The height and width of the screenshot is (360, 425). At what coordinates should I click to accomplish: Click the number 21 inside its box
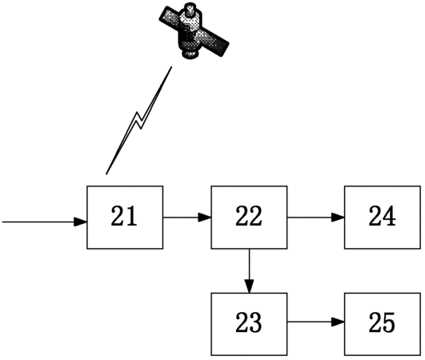coord(124,216)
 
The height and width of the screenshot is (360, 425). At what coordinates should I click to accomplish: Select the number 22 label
coord(249,216)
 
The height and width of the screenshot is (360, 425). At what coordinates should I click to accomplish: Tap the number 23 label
coord(249,322)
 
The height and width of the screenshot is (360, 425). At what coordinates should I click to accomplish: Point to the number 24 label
coord(382,216)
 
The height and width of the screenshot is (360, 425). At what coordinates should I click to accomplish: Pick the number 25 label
coord(382,322)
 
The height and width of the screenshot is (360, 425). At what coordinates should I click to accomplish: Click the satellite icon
coord(194,30)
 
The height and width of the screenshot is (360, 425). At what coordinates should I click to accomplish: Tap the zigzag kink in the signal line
coord(138,120)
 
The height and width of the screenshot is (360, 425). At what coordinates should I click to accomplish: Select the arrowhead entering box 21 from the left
coord(81,222)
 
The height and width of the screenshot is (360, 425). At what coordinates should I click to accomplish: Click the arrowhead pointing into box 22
coord(205,218)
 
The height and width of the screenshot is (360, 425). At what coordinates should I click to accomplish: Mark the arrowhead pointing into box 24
coord(338,218)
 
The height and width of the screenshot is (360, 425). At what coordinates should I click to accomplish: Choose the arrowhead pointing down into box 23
coord(249,286)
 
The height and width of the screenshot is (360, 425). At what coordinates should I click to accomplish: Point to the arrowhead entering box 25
coord(338,322)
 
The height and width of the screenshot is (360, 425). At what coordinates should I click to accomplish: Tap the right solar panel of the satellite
coord(214,42)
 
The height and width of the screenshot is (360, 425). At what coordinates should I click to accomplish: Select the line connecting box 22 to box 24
coord(316,218)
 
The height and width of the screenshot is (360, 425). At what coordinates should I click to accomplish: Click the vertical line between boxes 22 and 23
coord(249,271)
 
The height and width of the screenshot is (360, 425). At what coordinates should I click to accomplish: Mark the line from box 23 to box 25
coord(316,322)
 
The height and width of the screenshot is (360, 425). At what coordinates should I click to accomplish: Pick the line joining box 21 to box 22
coord(187,218)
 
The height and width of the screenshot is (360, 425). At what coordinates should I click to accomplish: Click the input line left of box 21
coord(45,222)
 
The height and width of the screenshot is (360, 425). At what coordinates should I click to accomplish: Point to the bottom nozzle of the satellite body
coord(190,54)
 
